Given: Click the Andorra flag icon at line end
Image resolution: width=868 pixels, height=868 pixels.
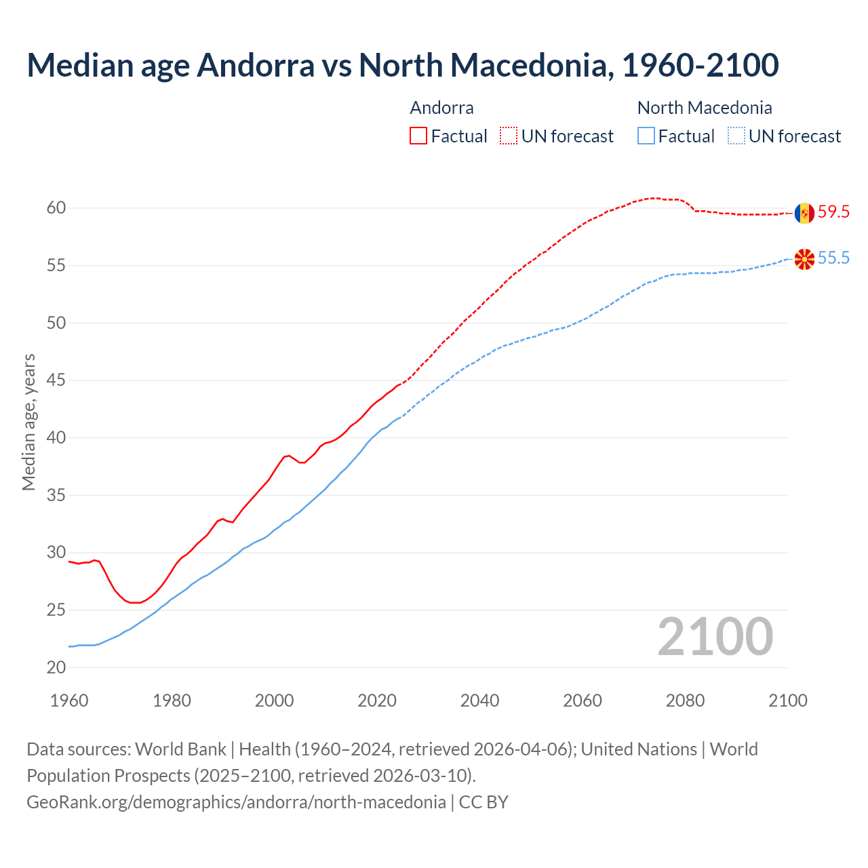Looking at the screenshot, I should (x=804, y=213).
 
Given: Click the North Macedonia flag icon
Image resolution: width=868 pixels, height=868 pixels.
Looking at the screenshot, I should (x=804, y=258).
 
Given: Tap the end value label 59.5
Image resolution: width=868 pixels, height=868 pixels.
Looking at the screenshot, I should (x=833, y=212).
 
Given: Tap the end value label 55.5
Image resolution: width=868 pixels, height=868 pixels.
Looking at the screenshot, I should (x=833, y=258).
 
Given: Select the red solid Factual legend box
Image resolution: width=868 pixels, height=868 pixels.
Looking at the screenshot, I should (x=418, y=136).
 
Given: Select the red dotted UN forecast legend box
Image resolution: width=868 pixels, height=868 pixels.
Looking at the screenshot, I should (x=509, y=136).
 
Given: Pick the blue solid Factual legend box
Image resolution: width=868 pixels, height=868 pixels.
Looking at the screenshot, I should (x=646, y=136).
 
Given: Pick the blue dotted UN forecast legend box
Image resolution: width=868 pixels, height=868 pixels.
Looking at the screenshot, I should (x=736, y=136).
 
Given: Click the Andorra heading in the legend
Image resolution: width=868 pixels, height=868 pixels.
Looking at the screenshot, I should (x=441, y=108).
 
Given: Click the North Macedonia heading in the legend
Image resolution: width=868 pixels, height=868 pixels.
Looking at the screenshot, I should (x=705, y=108).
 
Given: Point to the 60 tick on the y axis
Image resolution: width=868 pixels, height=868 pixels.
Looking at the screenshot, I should (x=56, y=208).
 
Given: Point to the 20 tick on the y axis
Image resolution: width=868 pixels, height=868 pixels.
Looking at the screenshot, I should (x=56, y=668).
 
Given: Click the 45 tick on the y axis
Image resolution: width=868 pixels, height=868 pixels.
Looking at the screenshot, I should (x=56, y=380).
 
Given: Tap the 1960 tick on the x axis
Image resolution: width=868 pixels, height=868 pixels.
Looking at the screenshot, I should (x=69, y=701).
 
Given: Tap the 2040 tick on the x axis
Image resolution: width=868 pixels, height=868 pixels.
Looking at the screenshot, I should (x=479, y=701).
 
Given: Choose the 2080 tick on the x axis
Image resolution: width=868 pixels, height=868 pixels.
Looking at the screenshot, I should (x=685, y=701).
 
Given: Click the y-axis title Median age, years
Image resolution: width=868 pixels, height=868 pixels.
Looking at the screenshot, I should (x=28, y=422).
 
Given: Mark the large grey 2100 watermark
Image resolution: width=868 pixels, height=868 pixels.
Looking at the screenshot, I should (x=715, y=637).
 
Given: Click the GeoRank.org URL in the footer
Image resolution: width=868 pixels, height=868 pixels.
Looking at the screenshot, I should (x=236, y=802).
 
